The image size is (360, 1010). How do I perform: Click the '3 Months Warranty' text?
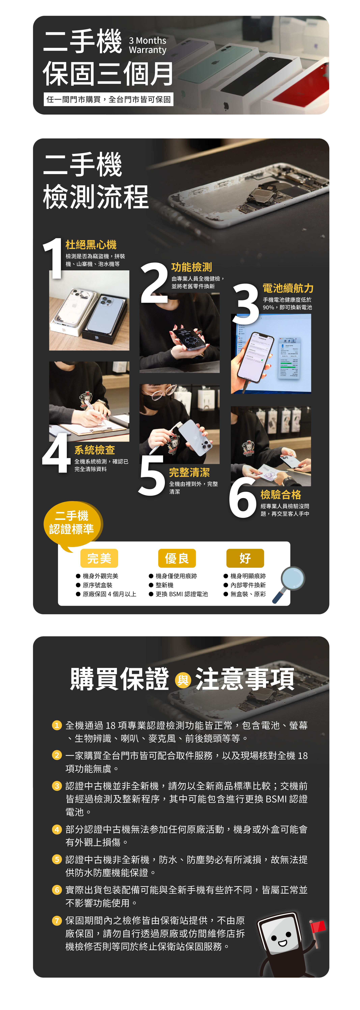click(x=147, y=45)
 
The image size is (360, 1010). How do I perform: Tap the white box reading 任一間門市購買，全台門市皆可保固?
click(x=109, y=99)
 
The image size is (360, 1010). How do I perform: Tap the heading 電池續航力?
click(x=288, y=288)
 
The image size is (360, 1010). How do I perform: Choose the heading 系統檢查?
click(x=94, y=450)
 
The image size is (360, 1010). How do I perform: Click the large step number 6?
click(x=243, y=497)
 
